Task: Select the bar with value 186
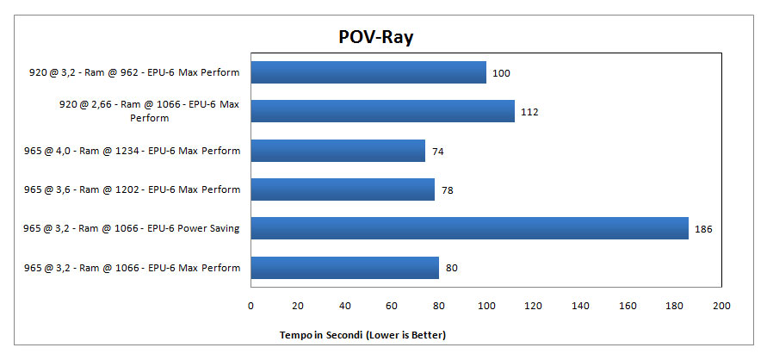(469, 228)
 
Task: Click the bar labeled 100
(368, 72)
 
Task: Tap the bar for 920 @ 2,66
(382, 111)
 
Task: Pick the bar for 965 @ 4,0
(337, 151)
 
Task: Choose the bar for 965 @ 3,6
(343, 189)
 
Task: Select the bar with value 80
(344, 268)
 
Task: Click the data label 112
(529, 112)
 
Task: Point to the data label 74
(438, 151)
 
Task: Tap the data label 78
(447, 189)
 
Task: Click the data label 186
(703, 229)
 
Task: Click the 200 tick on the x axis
(721, 306)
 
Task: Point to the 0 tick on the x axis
(251, 306)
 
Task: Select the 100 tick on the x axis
(486, 306)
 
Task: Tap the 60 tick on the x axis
(392, 306)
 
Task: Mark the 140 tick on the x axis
(580, 306)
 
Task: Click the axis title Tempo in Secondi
(362, 333)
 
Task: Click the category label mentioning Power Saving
(132, 228)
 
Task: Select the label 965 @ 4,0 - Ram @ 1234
(132, 151)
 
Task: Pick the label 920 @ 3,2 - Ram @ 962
(134, 72)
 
